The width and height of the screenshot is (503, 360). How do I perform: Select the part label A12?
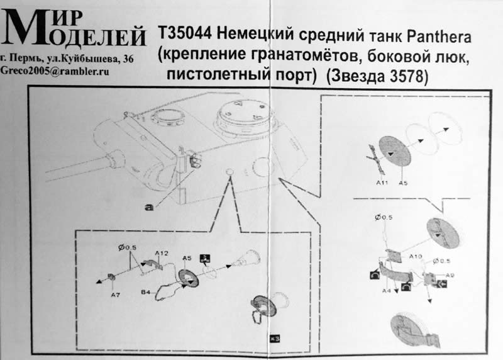162,253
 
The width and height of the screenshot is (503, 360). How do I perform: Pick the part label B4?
146,293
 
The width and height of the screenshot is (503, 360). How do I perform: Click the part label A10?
416,257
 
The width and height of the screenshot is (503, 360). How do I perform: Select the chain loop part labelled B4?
166,291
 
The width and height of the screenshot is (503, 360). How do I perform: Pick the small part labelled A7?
111,277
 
